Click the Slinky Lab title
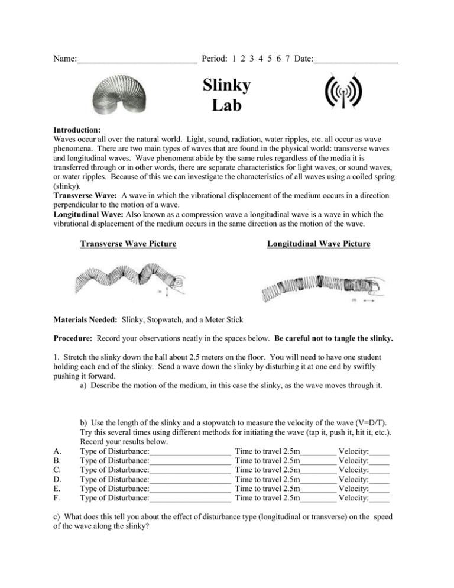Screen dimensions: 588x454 tap(227, 95)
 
